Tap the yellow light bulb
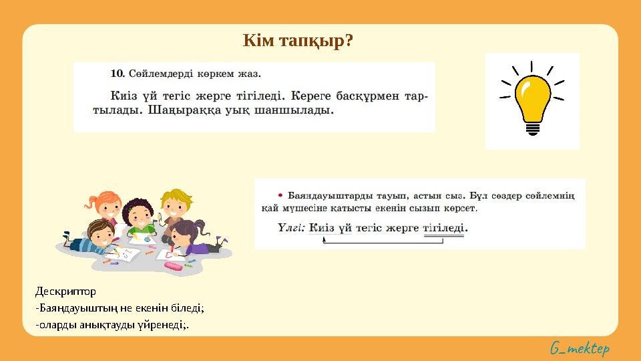coord(531,99)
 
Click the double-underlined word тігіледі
coord(445,227)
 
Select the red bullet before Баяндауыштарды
coord(280,195)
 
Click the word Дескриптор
coord(65,291)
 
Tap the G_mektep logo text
coord(580,348)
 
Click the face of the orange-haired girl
coord(107,209)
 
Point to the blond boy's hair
coord(176,197)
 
